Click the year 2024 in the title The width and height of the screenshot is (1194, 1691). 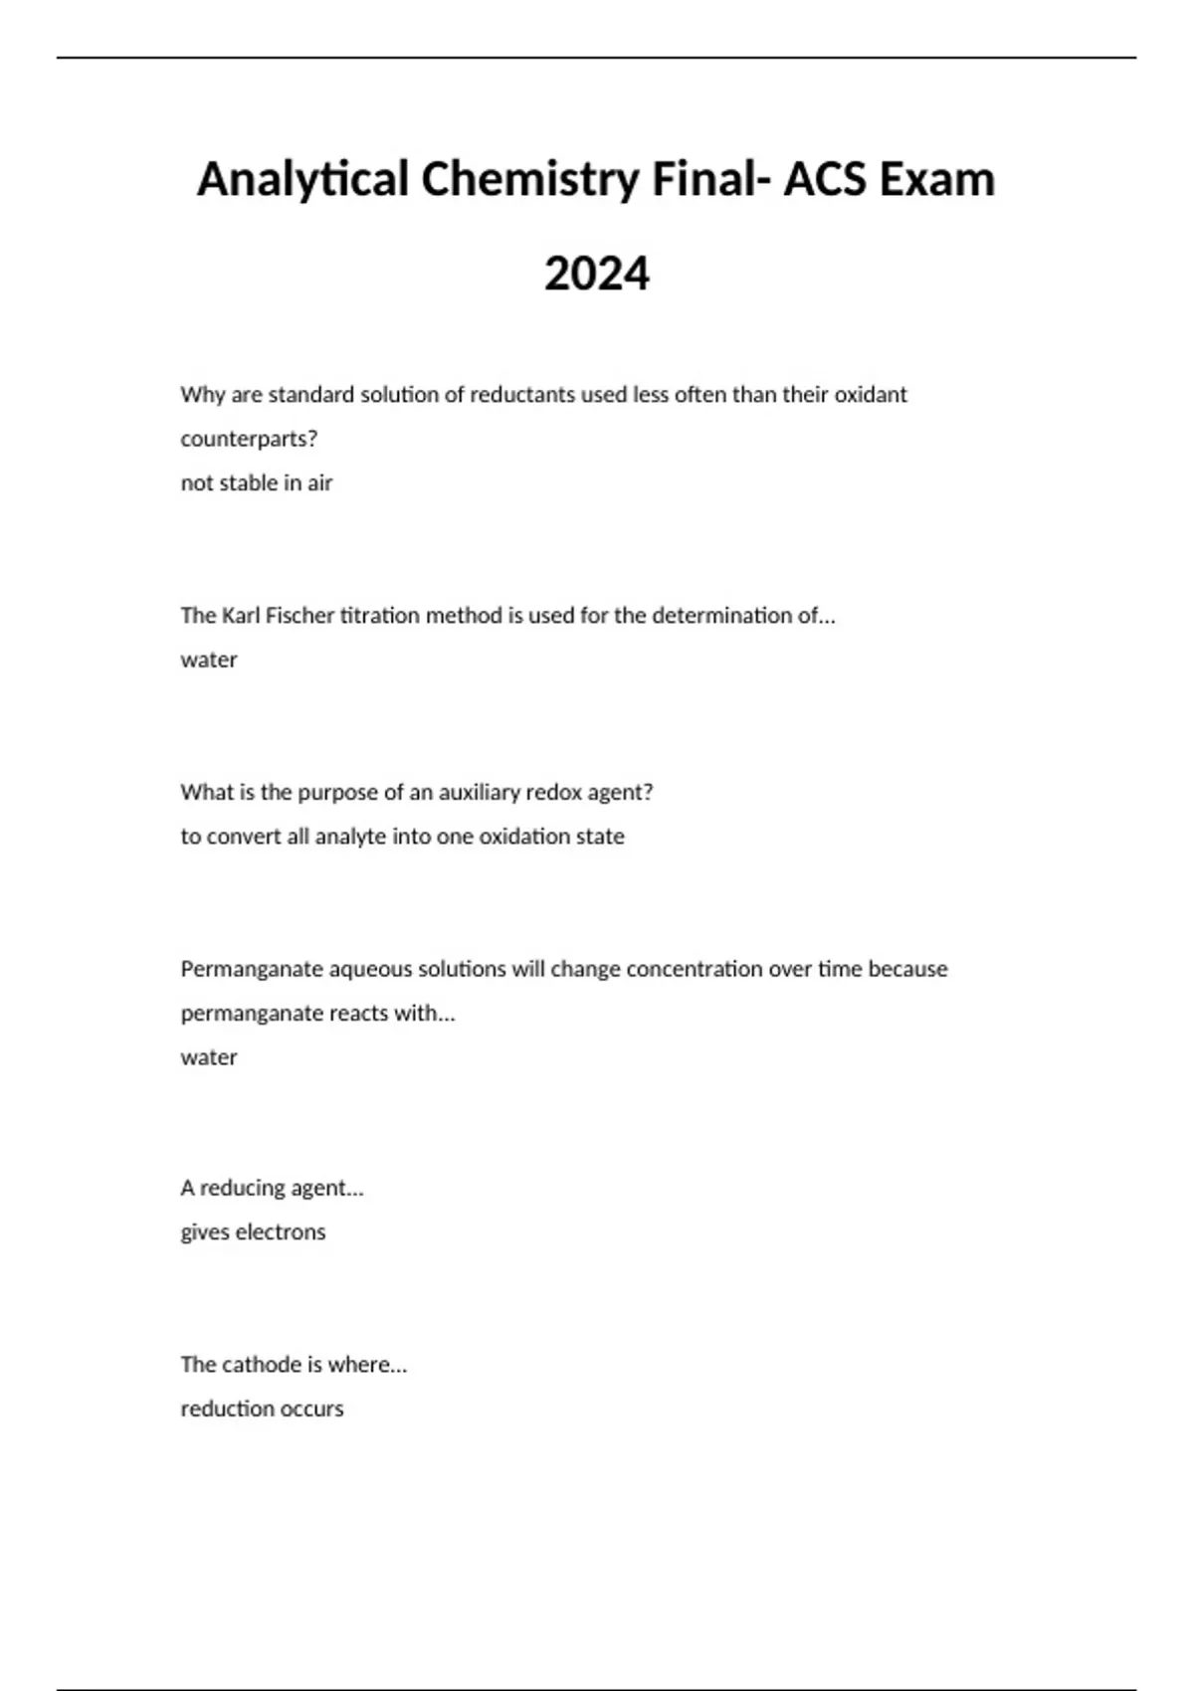point(597,274)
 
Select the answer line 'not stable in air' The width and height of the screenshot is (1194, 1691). point(256,483)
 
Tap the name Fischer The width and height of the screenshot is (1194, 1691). point(299,616)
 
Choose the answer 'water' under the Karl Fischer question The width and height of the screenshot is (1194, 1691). point(209,659)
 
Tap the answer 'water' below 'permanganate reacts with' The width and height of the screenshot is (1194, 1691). point(209,1057)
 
